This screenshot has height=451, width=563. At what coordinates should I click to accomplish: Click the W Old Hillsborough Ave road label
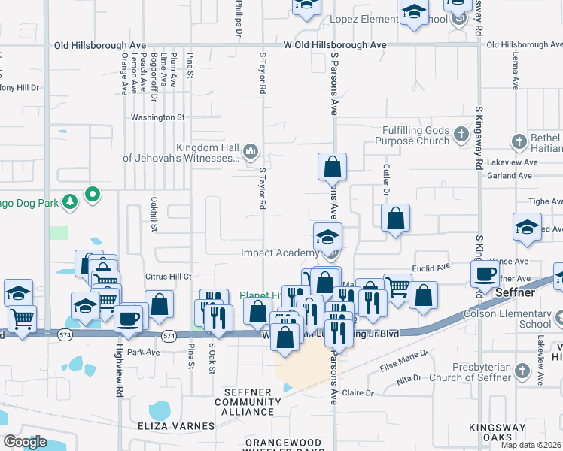click(335, 45)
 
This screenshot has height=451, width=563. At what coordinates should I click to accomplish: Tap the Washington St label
click(157, 117)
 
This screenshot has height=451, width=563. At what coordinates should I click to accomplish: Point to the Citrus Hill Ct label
click(169, 277)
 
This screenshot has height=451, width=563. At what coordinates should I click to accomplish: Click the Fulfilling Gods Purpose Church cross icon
click(462, 136)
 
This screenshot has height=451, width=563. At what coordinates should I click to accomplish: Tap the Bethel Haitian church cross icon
click(519, 141)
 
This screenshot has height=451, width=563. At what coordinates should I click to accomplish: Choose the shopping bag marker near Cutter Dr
click(395, 219)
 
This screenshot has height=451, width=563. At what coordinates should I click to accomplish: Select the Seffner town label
click(516, 292)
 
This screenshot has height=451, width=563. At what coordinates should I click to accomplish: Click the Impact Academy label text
click(280, 253)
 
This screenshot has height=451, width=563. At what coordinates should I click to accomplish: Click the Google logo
click(25, 441)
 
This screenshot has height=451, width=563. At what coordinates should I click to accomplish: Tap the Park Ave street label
click(144, 351)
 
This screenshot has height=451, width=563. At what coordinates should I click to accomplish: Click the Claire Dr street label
click(358, 392)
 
